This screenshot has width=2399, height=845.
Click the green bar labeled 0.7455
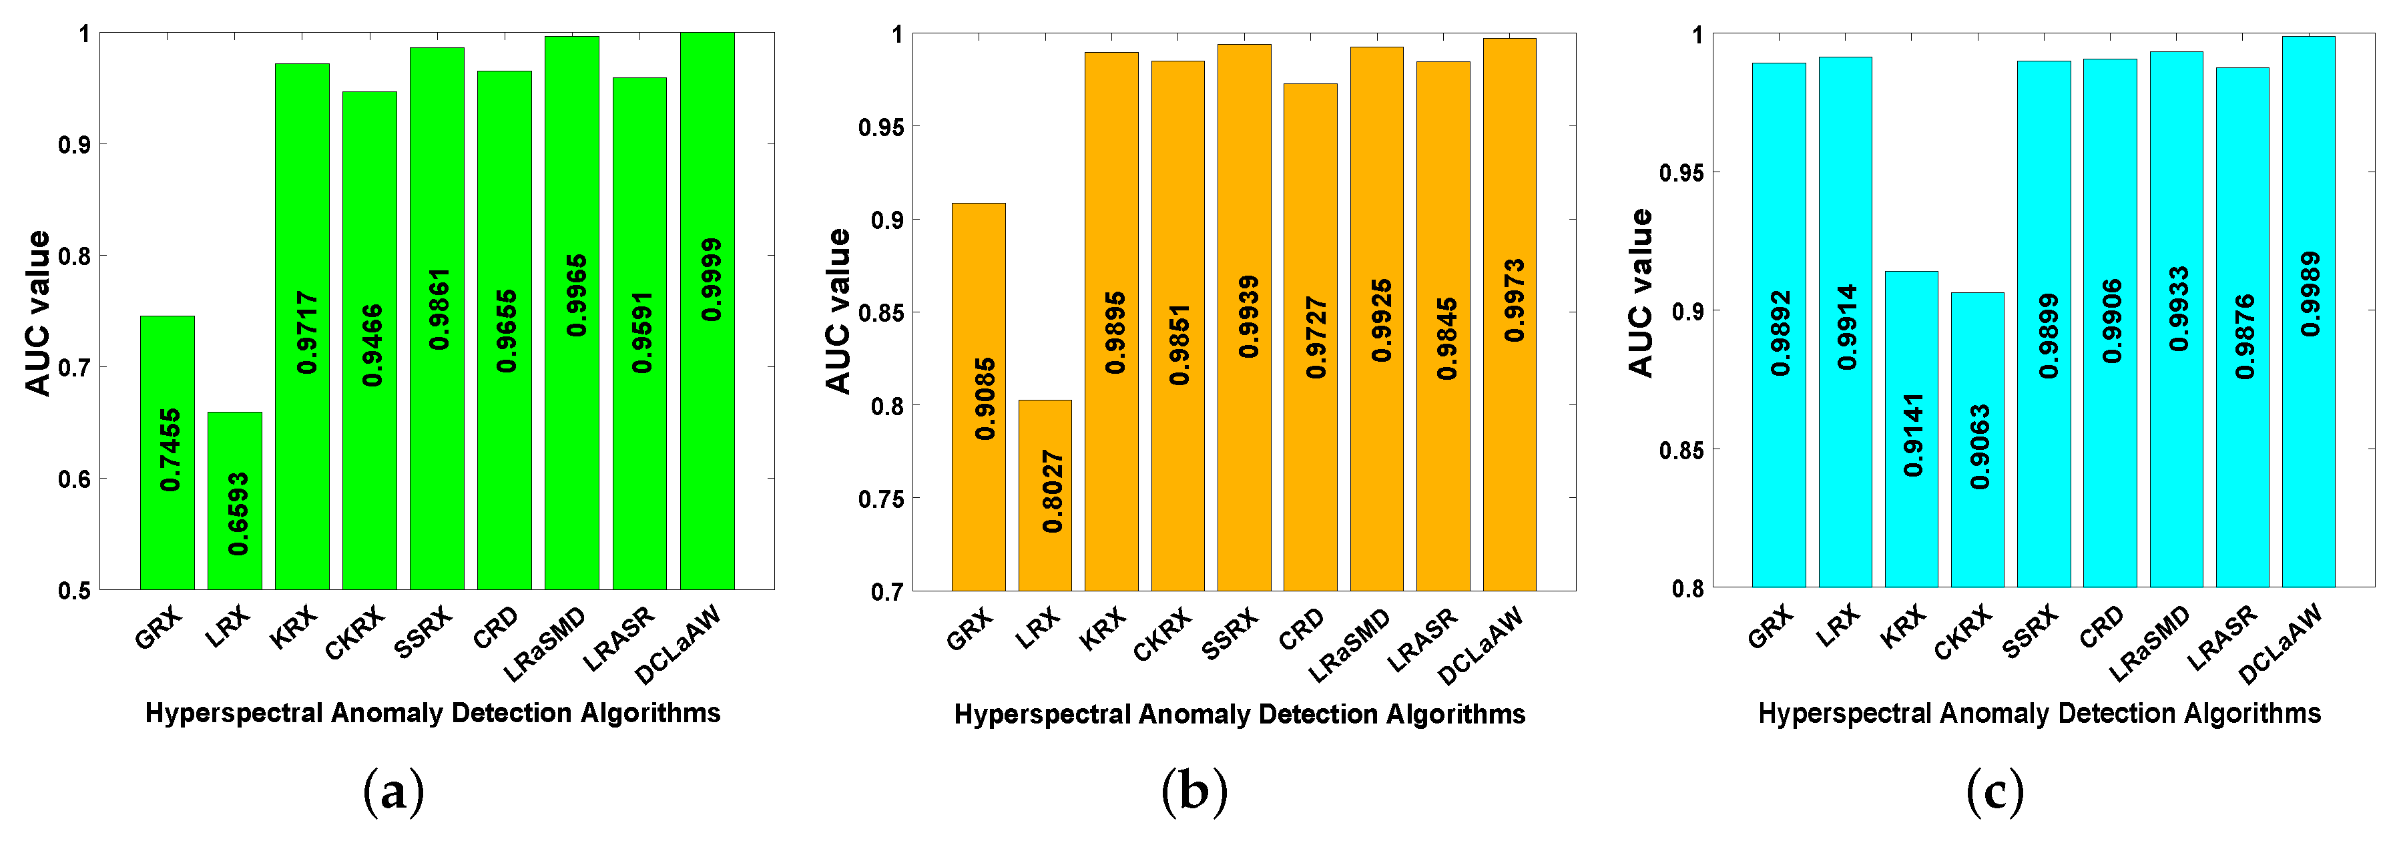[168, 452]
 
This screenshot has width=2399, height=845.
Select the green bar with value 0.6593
[235, 501]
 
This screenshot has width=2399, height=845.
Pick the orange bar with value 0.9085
[979, 397]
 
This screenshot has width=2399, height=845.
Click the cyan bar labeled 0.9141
[1911, 429]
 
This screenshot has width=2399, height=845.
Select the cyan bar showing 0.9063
[1977, 440]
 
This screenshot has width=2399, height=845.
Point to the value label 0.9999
[712, 280]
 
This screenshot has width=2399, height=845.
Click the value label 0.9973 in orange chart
[1515, 300]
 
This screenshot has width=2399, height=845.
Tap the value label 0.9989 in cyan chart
[2310, 294]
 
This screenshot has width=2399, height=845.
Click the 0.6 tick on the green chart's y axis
[75, 479]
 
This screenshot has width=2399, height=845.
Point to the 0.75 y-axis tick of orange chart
[880, 499]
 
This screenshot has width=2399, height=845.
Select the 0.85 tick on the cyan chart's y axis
[1682, 450]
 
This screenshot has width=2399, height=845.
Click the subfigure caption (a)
[394, 792]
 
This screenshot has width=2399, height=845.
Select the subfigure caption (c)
[1994, 792]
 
